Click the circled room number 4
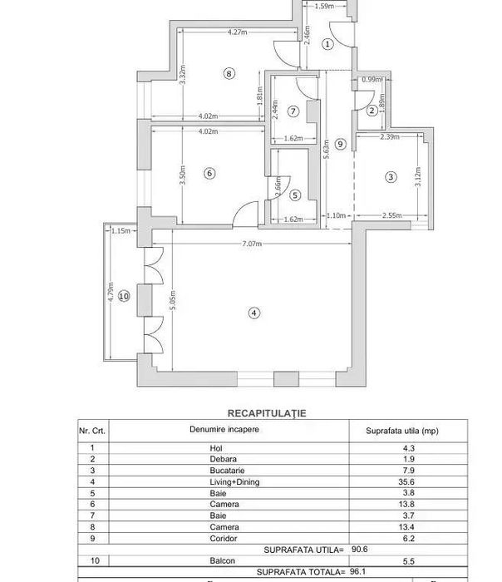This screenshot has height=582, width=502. point(254,313)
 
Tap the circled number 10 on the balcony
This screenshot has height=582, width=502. point(124,295)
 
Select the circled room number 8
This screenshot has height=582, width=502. point(229,73)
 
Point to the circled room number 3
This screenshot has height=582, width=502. point(391,176)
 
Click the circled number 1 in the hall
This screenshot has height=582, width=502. point(327,43)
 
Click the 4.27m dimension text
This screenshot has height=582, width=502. point(239,32)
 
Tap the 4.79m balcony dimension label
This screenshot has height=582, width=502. point(110,295)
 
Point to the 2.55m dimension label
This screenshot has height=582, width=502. point(391,216)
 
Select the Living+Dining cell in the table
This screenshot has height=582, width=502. point(224,482)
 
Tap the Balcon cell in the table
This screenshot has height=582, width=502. point(224,562)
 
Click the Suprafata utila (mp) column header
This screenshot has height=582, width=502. point(401,431)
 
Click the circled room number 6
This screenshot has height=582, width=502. point(209,173)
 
